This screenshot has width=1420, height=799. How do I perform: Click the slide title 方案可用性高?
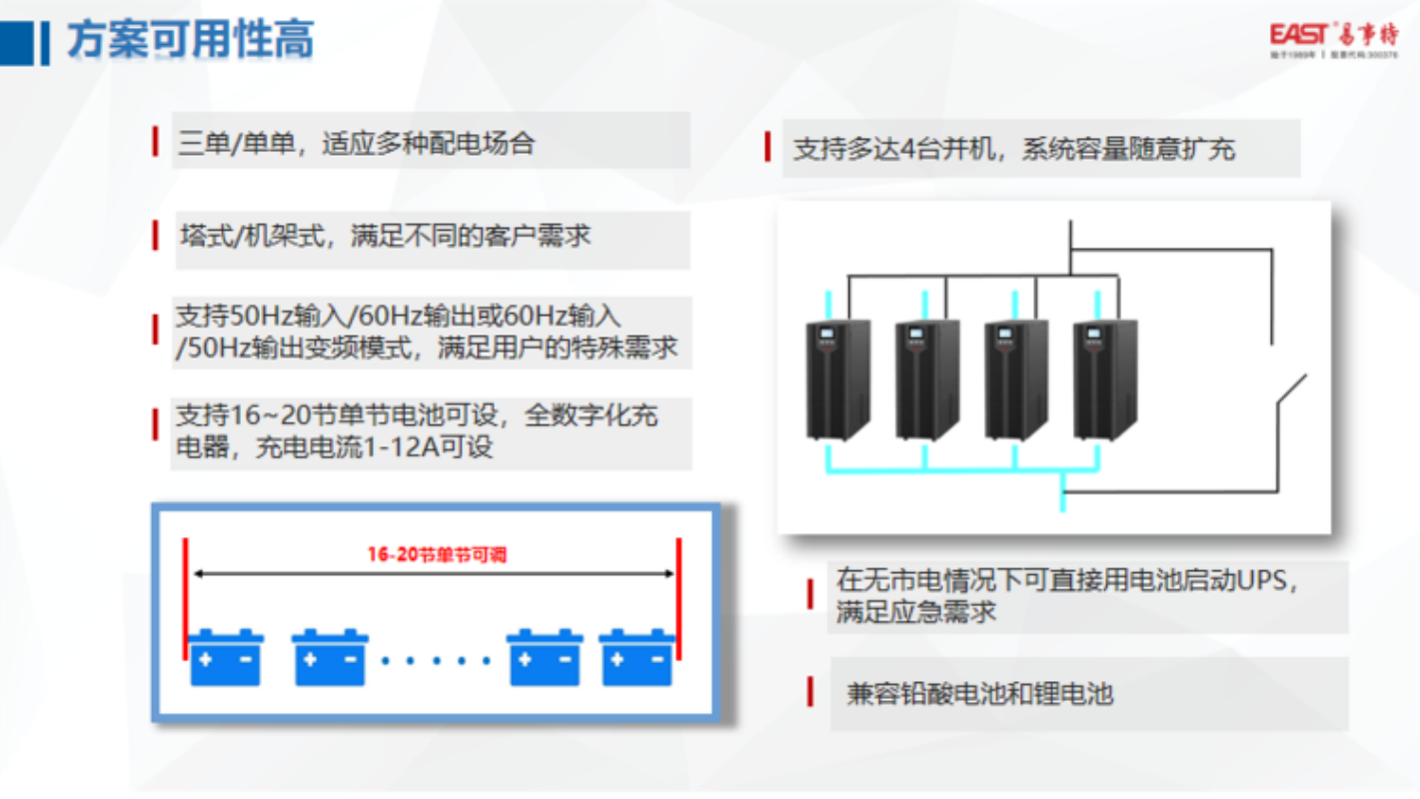[190, 40]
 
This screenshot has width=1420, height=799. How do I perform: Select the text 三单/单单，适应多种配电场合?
[357, 143]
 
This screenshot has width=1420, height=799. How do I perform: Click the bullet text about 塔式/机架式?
[385, 236]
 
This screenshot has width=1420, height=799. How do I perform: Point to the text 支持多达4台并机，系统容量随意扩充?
[1014, 150]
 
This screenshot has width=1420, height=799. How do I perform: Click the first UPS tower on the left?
[837, 380]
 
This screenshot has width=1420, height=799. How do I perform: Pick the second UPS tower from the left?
[926, 380]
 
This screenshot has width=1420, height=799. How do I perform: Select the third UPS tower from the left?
[1015, 380]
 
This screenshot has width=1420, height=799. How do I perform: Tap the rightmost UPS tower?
[1104, 380]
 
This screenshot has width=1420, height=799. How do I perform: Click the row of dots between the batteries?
[437, 660]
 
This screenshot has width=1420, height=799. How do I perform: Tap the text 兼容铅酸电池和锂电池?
[979, 694]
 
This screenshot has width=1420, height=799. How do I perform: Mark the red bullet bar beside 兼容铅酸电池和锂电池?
[809, 692]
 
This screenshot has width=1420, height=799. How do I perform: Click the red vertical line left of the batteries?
[185, 599]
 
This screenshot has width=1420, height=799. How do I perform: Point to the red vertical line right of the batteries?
[679, 599]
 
